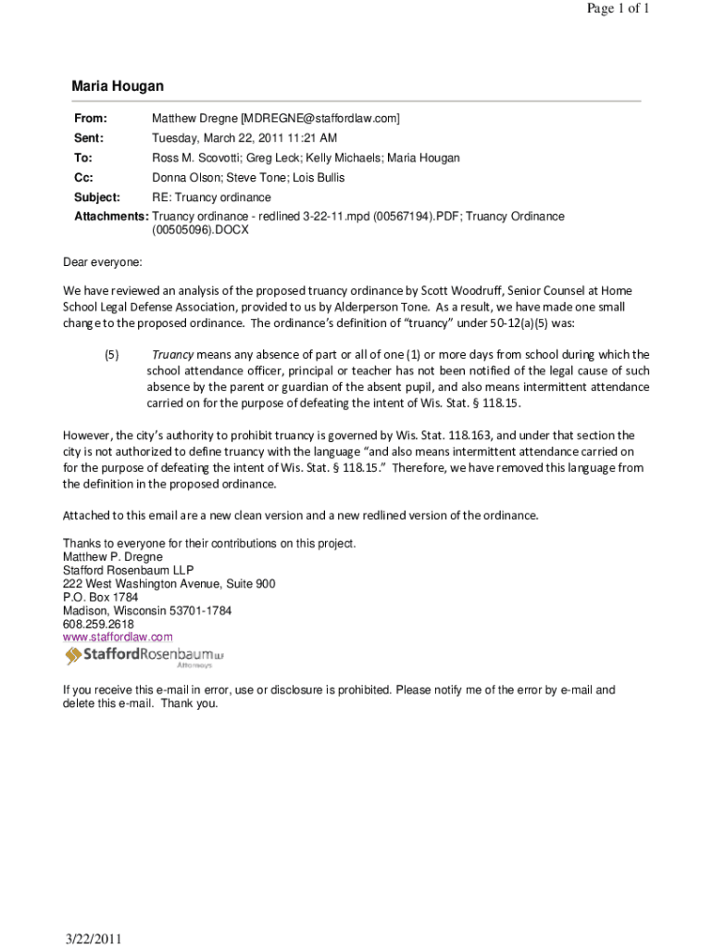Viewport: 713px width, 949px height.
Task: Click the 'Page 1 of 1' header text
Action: [x=618, y=9]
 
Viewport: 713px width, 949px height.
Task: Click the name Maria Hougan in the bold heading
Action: [x=118, y=86]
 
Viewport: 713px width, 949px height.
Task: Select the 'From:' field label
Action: [x=91, y=119]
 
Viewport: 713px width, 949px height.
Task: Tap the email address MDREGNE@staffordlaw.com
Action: [x=319, y=119]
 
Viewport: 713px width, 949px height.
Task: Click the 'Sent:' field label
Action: [x=89, y=138]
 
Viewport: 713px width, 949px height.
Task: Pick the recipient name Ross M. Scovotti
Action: [x=195, y=158]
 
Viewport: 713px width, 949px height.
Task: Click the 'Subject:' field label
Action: [x=97, y=197]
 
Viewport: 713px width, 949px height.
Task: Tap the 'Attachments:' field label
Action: [x=111, y=217]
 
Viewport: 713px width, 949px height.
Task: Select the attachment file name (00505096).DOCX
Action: [x=200, y=231]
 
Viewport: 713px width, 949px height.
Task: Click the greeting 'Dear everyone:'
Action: [x=103, y=262]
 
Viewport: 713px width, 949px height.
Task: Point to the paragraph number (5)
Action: [x=111, y=355]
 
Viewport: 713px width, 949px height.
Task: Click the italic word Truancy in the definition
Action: [x=172, y=355]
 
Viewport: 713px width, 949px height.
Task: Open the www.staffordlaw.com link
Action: [x=118, y=638]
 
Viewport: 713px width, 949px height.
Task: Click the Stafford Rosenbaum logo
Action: [x=144, y=657]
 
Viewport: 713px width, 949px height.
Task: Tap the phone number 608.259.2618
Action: [x=98, y=625]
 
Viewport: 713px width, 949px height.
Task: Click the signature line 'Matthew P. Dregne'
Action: [x=112, y=557]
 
